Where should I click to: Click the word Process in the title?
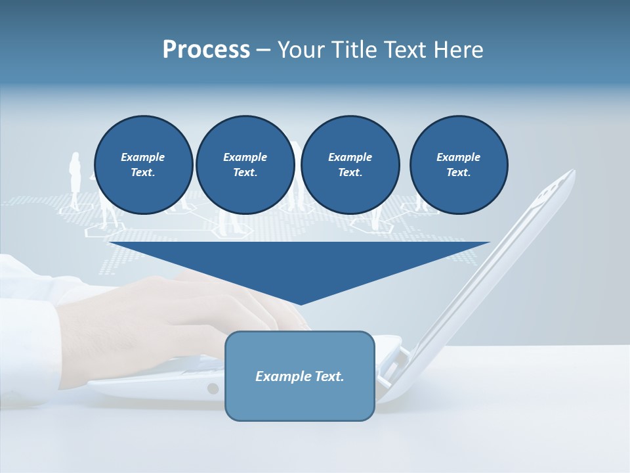point(206,49)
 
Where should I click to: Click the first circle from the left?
point(143,164)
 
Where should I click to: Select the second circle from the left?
point(245,164)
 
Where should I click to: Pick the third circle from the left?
point(350,164)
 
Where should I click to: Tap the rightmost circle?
point(458,164)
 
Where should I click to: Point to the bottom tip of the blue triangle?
point(300,304)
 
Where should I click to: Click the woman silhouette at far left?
point(75,181)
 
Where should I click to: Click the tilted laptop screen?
point(499,263)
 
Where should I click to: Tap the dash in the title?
point(263,50)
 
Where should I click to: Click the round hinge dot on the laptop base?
point(213,388)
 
